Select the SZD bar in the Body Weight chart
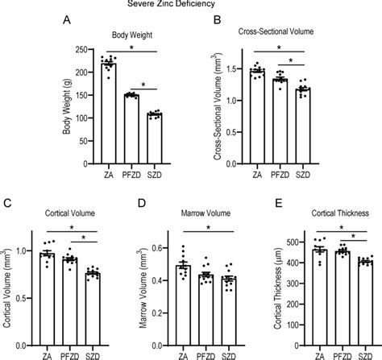click(153, 130)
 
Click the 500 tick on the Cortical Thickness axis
click(301, 238)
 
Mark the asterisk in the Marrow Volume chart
click(206, 226)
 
